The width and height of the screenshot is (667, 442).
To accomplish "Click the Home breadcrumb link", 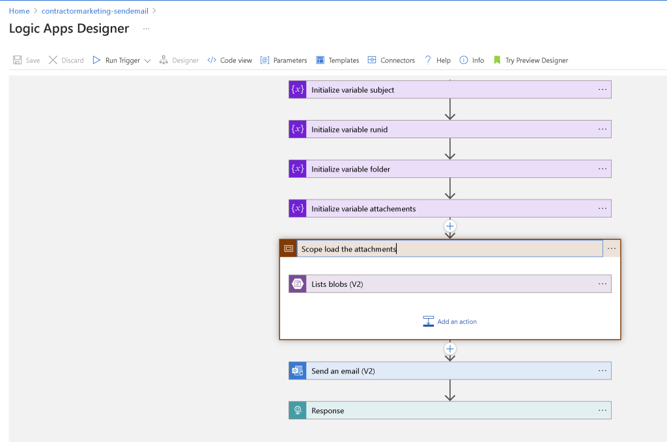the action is point(19,11).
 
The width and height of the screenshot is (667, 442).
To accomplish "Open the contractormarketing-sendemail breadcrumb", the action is point(95,11).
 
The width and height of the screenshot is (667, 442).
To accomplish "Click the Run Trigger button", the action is point(122,61).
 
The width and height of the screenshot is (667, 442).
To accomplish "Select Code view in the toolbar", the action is point(230,61).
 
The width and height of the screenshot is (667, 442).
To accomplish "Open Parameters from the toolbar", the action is point(284,61).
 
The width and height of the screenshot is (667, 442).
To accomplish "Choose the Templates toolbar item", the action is point(337,61).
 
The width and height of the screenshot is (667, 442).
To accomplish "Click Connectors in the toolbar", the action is point(391,61).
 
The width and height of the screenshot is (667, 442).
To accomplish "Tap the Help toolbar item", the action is point(438,61).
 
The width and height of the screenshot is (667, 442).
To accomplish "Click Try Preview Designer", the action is point(530,61).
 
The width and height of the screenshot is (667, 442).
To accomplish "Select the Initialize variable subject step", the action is point(450,90).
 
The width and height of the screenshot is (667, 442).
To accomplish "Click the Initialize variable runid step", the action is point(450,130).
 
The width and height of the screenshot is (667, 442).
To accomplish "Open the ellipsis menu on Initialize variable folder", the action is point(603,169).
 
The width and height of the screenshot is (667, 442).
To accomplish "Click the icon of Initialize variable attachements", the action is point(297,209).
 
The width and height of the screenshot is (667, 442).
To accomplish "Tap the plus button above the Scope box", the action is point(450,226).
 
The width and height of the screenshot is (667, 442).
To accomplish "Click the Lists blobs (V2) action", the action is point(450,284).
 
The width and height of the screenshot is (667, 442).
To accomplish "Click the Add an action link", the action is point(450,321).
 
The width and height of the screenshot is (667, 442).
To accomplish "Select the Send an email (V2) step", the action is point(450,371).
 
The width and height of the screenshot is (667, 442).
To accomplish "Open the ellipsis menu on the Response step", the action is point(603,411).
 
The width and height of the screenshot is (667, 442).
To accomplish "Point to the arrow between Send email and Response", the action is point(450,390).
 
